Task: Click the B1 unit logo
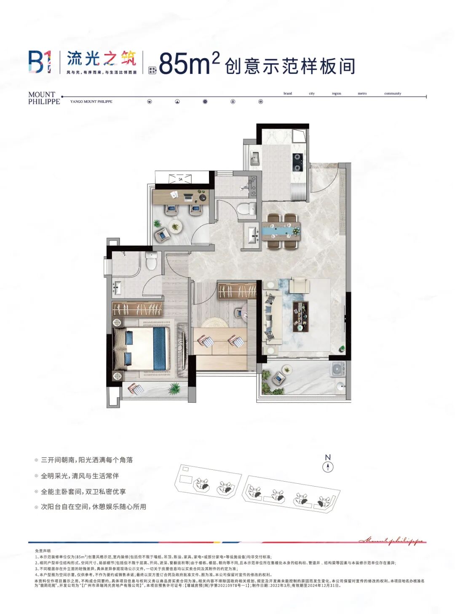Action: (40, 62)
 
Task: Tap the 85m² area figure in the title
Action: (189, 64)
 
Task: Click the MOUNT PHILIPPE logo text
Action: (44, 98)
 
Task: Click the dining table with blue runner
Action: (281, 231)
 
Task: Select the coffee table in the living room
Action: (301, 316)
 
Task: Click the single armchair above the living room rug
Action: (299, 285)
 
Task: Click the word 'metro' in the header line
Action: (362, 94)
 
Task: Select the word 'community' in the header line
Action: (393, 94)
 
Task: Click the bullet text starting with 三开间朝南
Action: (86, 460)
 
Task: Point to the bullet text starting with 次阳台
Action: (93, 507)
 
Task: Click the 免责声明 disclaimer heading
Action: (43, 551)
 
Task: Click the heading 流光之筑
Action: (102, 58)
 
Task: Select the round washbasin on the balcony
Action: (341, 385)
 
